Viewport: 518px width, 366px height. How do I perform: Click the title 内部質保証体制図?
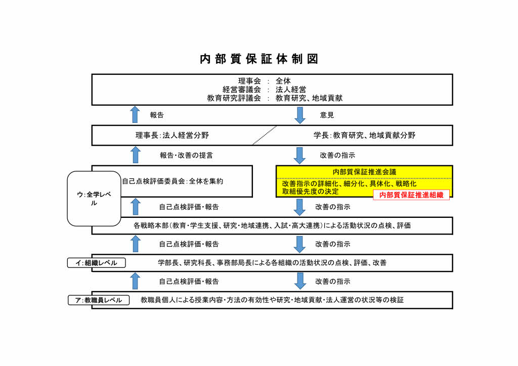[259, 59]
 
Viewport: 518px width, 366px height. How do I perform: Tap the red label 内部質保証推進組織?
[411, 195]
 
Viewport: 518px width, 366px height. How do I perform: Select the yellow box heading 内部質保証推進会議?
[364, 172]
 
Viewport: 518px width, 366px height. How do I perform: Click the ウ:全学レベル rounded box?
[94, 198]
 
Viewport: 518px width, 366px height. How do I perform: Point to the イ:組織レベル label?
[97, 263]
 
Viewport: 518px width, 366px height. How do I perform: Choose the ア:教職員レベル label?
[99, 300]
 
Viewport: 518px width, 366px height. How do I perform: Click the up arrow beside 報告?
[135, 115]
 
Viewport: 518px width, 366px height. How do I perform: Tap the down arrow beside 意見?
[300, 115]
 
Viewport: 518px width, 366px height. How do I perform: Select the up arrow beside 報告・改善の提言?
[136, 155]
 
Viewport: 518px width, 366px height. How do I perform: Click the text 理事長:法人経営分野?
[172, 135]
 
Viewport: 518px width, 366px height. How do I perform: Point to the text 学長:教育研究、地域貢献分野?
[364, 135]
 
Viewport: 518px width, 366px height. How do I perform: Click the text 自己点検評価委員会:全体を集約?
[173, 181]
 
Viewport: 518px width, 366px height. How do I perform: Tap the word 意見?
[327, 115]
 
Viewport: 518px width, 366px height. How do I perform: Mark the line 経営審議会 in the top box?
[241, 89]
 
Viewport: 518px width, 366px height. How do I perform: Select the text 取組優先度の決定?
[310, 192]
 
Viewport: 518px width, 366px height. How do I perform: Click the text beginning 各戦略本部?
[272, 225]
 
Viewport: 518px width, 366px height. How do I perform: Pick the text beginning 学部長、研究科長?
[272, 263]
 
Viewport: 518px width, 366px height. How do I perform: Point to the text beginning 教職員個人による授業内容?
[272, 300]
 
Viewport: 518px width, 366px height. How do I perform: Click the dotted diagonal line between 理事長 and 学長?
[265, 135]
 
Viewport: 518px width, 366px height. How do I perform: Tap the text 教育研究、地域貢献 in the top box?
[309, 98]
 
